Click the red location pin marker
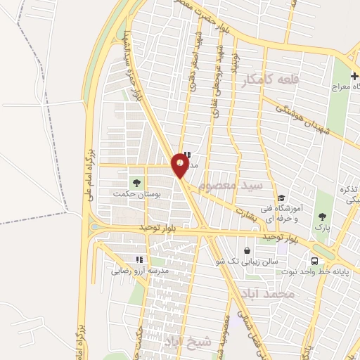coord(180,166)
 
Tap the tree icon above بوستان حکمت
coord(136,182)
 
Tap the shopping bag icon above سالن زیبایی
coord(247,250)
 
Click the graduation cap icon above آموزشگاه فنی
coord(281,198)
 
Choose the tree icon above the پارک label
coord(323,217)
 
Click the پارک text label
coord(323,228)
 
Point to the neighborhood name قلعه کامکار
coord(270,81)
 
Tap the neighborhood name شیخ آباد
coord(188,341)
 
